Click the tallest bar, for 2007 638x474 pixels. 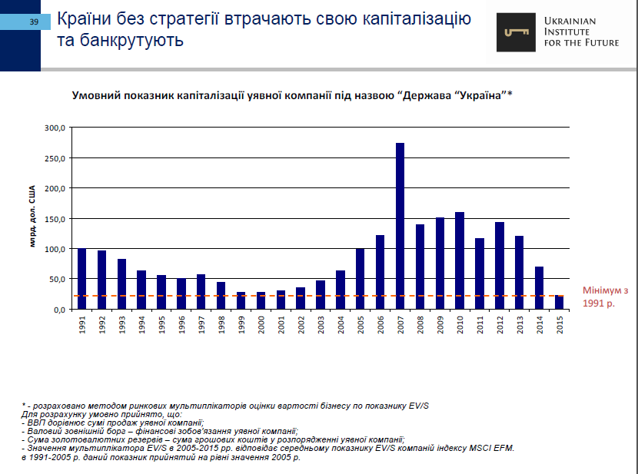pyautogui.click(x=400, y=226)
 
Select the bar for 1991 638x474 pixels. pyautogui.click(x=81, y=279)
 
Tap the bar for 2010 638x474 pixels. pyautogui.click(x=460, y=260)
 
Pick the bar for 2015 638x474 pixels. pyautogui.click(x=559, y=302)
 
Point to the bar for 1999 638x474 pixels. pyautogui.click(x=241, y=300)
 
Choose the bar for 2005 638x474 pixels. pyautogui.click(x=360, y=279)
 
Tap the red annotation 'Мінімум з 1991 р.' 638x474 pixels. pyautogui.click(x=605, y=297)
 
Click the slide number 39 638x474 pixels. pyautogui.click(x=34, y=22)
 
